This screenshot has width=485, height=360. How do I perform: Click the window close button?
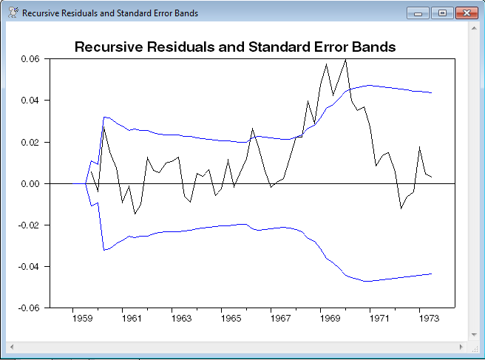(464, 13)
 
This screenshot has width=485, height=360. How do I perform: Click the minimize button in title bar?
(418, 13)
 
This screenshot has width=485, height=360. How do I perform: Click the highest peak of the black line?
(346, 59)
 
